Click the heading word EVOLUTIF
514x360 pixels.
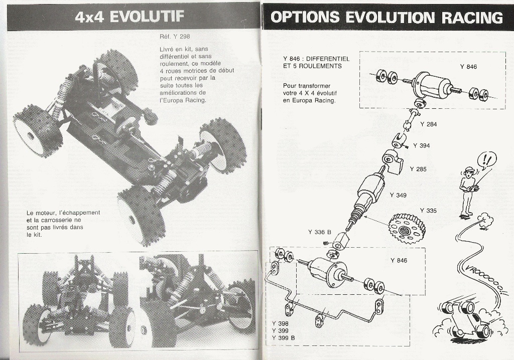[146, 17]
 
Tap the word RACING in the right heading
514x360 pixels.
[472, 18]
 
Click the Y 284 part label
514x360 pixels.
[429, 124]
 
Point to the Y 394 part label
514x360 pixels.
[421, 146]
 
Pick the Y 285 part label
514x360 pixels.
[418, 169]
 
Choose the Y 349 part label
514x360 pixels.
[398, 195]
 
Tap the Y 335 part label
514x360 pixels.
[428, 211]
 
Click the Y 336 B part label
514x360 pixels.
[320, 232]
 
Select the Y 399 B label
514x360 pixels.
[283, 338]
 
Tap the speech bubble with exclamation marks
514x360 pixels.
[487, 161]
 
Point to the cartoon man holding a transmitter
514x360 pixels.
[468, 192]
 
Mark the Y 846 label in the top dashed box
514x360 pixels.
[468, 67]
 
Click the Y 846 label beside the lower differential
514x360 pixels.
[399, 260]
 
